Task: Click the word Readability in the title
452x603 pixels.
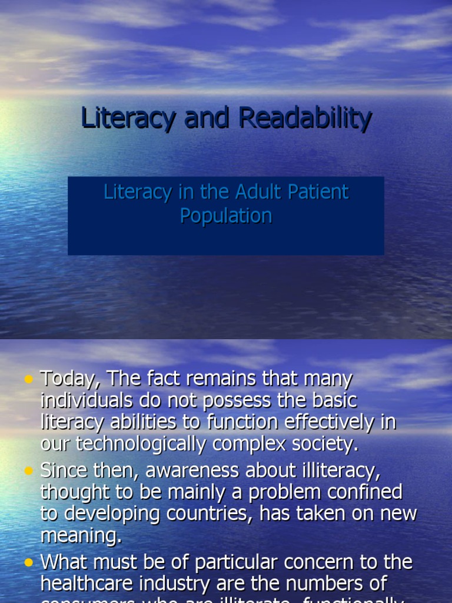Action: click(x=305, y=118)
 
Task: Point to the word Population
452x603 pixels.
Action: click(x=226, y=216)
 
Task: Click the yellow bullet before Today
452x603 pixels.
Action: click(x=29, y=380)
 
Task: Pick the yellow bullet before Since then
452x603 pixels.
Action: click(x=29, y=471)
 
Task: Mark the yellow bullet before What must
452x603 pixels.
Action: click(x=29, y=563)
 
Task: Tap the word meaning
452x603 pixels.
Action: click(x=79, y=535)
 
